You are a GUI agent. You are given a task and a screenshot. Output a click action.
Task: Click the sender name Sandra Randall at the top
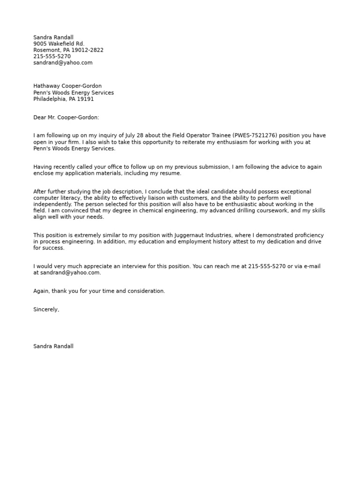53,37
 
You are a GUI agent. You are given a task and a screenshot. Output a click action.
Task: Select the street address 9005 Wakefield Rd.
59,44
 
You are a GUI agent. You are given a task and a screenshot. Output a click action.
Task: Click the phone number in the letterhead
52,56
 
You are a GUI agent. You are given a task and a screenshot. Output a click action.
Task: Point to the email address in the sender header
63,63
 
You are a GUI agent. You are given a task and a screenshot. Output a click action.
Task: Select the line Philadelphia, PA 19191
63,99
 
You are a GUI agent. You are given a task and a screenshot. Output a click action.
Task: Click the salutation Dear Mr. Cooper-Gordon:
66,118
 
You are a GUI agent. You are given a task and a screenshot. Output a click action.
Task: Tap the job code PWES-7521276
254,136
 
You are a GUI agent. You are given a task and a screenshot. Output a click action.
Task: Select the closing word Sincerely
46,309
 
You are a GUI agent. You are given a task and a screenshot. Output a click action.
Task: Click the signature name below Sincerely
53,346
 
